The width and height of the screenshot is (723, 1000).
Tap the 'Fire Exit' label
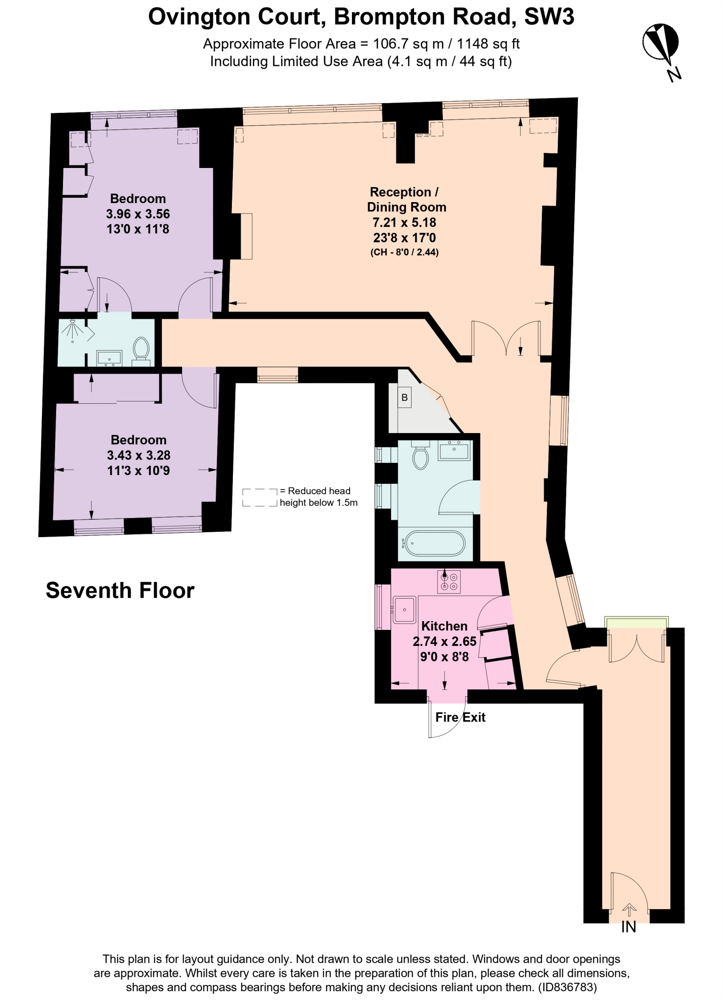[460, 717]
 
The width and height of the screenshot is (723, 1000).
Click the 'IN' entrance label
[629, 927]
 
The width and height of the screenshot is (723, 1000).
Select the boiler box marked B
[404, 397]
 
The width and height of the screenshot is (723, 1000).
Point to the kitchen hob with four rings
[449, 581]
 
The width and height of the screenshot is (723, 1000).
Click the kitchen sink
[404, 609]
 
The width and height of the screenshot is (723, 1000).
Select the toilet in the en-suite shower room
[142, 349]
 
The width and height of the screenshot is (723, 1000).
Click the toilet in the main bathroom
[420, 456]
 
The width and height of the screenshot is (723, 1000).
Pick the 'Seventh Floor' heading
[120, 590]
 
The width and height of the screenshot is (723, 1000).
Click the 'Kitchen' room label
[444, 626]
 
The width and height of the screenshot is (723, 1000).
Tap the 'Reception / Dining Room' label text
[406, 199]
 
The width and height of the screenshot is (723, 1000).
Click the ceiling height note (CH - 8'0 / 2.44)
[405, 252]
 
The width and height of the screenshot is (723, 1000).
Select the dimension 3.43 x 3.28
[139, 455]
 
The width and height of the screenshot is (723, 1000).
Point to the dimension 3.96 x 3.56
[138, 214]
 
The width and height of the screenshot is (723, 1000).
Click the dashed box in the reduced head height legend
[260, 497]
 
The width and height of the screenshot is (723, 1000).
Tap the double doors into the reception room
[506, 338]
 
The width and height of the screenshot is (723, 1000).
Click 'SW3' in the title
[549, 18]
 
